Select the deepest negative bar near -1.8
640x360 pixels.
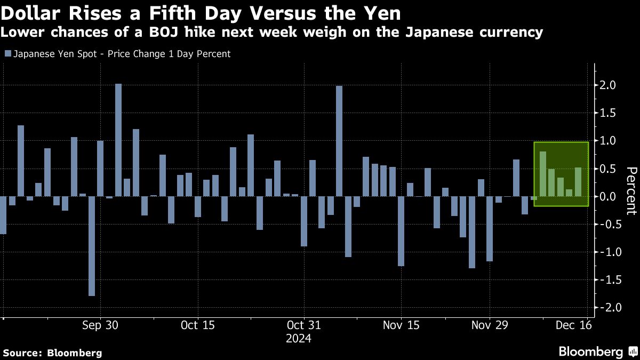(x=92, y=246)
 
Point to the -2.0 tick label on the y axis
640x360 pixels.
(x=607, y=308)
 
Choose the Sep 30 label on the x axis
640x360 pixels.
(x=100, y=325)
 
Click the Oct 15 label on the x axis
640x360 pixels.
(x=197, y=325)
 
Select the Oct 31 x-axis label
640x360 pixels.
(x=303, y=325)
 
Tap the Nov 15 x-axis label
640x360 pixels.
(x=401, y=325)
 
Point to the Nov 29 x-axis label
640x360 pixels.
(x=489, y=325)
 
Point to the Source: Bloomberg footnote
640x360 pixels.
(x=52, y=353)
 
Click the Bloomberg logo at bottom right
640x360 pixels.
(x=597, y=351)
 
